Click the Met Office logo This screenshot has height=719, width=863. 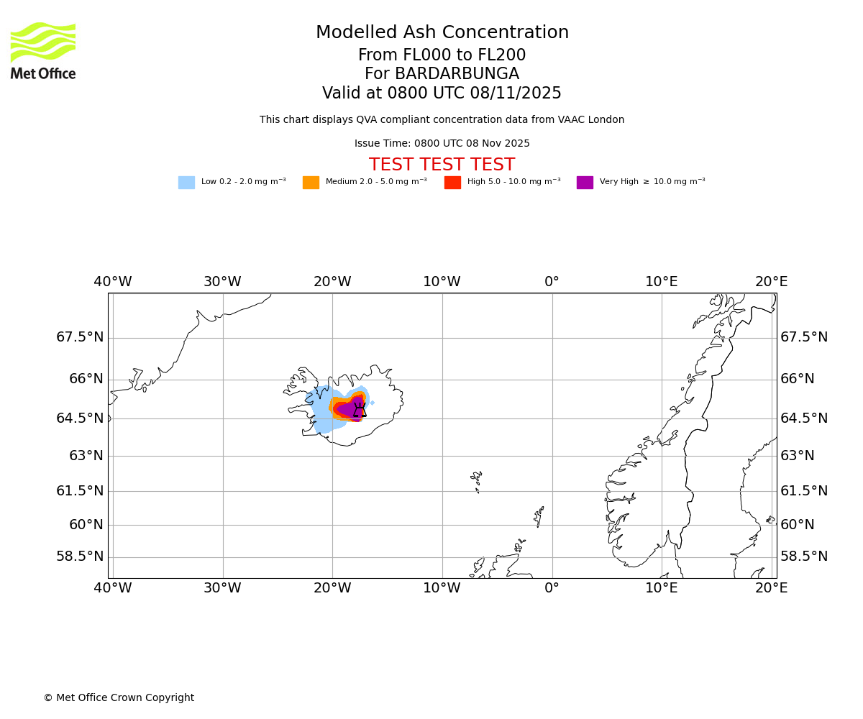(x=43, y=50)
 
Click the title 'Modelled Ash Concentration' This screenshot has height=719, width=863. (x=442, y=33)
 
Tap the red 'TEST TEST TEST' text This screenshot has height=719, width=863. (x=442, y=165)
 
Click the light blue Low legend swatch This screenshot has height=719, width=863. (x=186, y=183)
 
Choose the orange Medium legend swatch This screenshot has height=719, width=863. (x=311, y=183)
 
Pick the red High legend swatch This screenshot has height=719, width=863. (x=452, y=183)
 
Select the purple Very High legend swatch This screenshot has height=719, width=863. (x=585, y=183)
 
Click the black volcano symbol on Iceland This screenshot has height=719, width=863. (x=360, y=410)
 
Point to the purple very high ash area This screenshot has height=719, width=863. (x=347, y=409)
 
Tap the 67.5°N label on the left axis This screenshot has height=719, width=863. (x=80, y=337)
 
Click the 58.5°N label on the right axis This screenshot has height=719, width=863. (x=804, y=557)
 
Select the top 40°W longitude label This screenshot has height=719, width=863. (x=113, y=282)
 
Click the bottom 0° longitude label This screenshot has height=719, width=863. (x=552, y=588)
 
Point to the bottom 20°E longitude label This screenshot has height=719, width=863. (x=771, y=588)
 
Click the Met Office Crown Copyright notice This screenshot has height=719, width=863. (x=119, y=698)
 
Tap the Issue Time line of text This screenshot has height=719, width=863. (x=442, y=144)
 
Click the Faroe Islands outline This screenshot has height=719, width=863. (x=476, y=480)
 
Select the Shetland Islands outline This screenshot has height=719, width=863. (x=539, y=516)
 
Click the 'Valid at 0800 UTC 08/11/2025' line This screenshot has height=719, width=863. (x=442, y=93)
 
